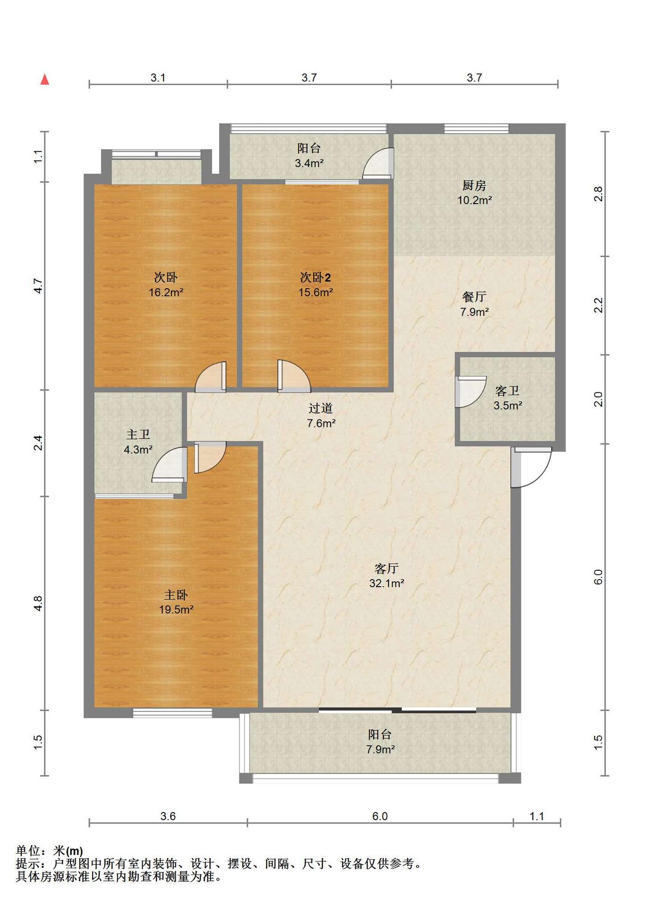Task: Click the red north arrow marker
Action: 45,79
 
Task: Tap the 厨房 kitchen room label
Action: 474,185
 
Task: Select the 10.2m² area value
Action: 474,200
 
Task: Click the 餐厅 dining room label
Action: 474,297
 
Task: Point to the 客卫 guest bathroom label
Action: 507,391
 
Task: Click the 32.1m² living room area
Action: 386,583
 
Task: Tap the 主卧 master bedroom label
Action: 176,595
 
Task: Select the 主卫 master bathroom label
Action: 138,434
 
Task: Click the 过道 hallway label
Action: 321,408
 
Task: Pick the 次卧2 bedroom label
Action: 316,277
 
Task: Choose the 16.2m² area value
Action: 166,292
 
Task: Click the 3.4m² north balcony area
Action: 309,163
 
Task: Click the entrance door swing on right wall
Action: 531,467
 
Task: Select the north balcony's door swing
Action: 378,163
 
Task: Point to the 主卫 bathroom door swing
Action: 169,464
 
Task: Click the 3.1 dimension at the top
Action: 158,78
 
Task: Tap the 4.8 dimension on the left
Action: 38,603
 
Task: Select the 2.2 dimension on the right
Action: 598,305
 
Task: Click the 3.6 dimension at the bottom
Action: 168,816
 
